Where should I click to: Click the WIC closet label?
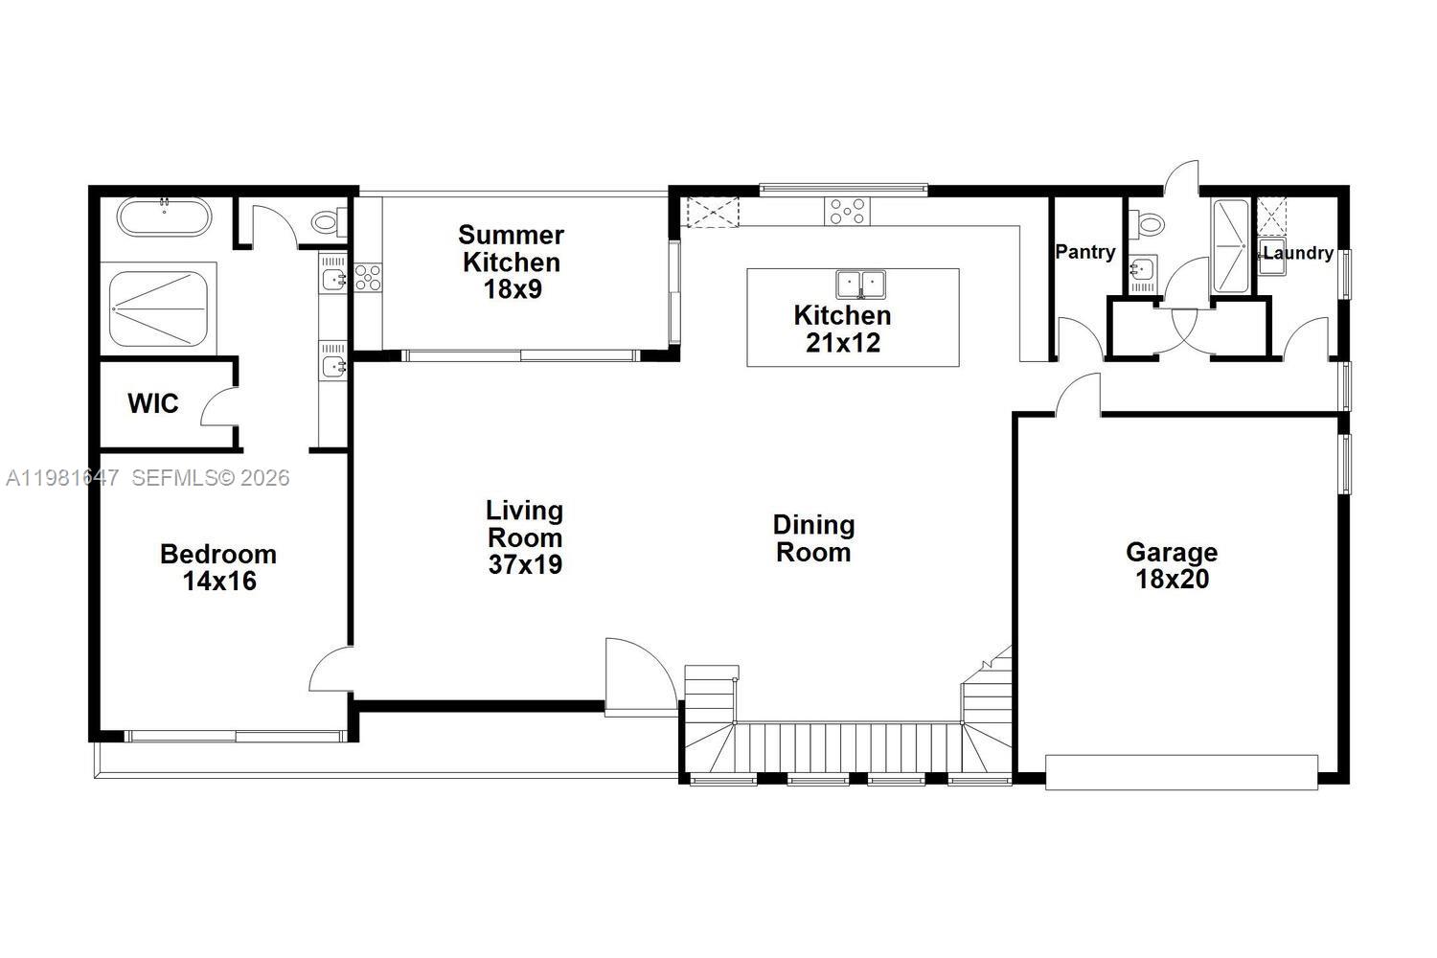pos(153,403)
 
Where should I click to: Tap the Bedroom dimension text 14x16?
pos(219,581)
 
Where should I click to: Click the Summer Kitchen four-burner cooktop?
pos(368,278)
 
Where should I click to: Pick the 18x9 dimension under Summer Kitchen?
pos(512,288)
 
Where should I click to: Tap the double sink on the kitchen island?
pos(861,285)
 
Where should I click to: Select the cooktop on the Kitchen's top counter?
pos(848,211)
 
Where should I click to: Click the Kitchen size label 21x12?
pos(842,342)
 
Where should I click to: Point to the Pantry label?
pos(1084,252)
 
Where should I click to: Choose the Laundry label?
pos(1298,253)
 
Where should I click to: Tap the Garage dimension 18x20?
pos(1172,579)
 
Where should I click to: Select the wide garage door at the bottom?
pos(1181,772)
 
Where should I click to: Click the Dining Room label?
pos(813,538)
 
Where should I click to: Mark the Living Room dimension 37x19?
pos(525,564)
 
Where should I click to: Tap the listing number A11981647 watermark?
pos(62,477)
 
